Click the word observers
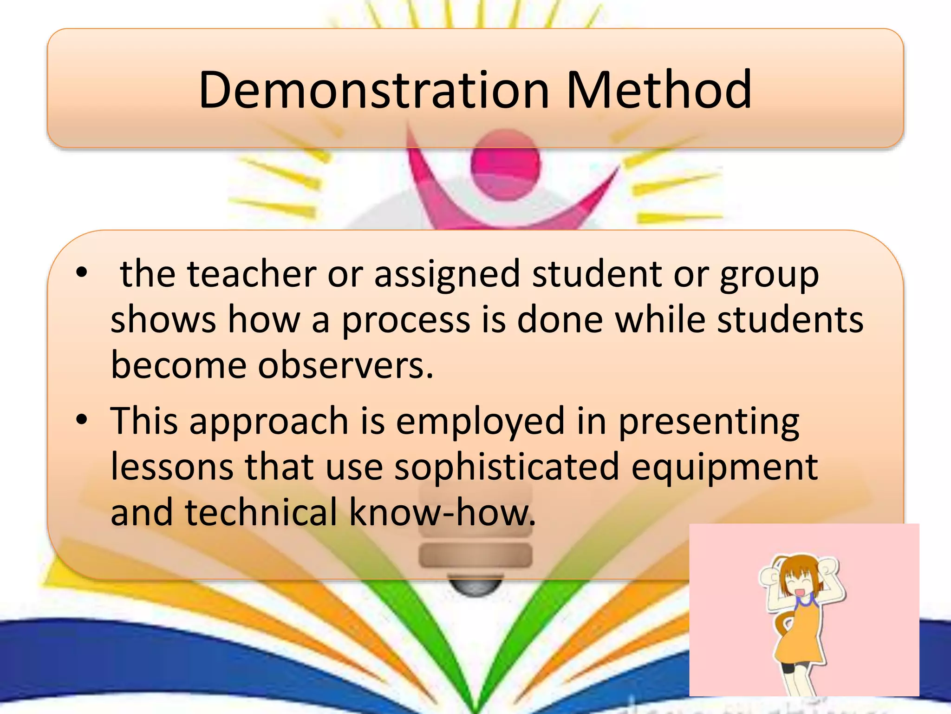345,365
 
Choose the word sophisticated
507,468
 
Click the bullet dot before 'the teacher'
82,272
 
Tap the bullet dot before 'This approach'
82,420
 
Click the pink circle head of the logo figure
506,164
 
